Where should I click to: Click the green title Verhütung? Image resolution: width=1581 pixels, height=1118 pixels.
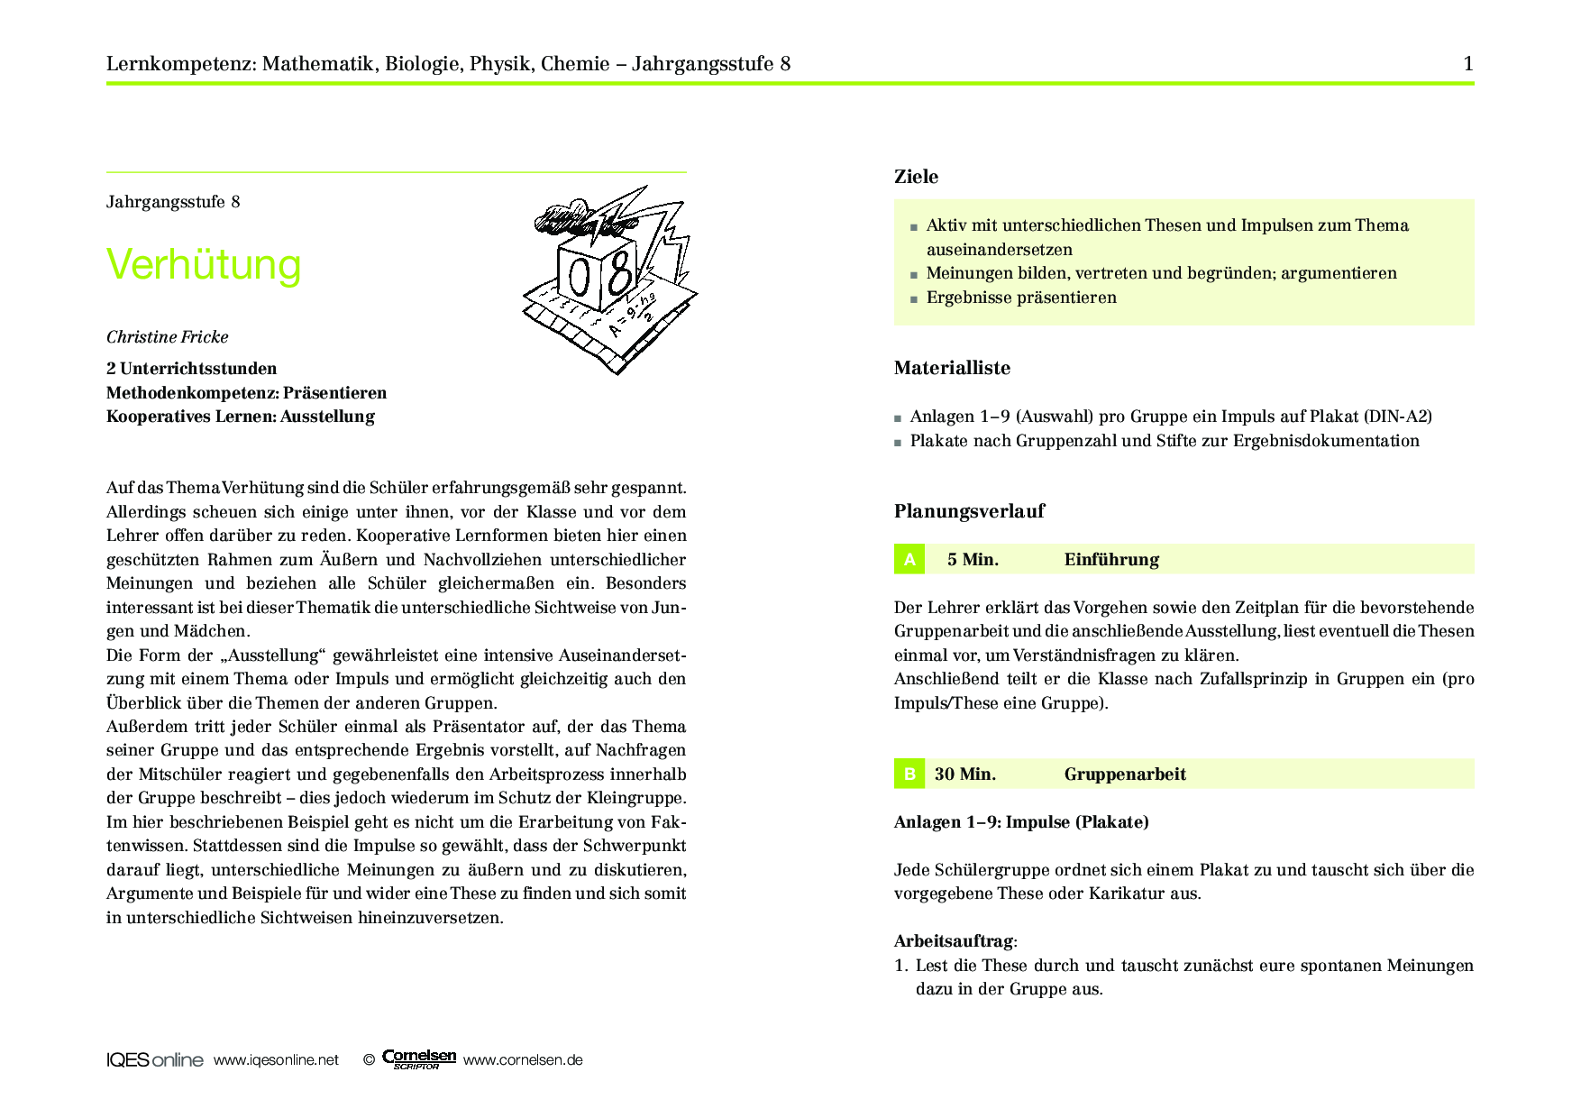tap(204, 265)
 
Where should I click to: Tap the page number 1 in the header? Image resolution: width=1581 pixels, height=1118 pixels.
tap(1467, 63)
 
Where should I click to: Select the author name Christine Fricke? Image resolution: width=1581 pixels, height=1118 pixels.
tap(168, 337)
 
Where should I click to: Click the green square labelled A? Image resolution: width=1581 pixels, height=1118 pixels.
tap(909, 559)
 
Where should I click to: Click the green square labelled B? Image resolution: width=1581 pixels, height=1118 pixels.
tap(909, 774)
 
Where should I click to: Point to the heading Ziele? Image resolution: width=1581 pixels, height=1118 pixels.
tap(916, 177)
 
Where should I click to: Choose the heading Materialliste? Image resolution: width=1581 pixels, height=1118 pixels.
tap(952, 368)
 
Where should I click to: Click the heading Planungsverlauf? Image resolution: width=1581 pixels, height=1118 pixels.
tap(969, 511)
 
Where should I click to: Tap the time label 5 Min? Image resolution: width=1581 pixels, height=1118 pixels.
tap(973, 560)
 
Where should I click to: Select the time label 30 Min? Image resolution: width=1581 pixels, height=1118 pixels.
tap(965, 774)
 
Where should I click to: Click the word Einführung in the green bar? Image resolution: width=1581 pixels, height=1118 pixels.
tap(1111, 560)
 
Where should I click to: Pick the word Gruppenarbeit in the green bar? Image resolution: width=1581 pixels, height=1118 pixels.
tap(1125, 774)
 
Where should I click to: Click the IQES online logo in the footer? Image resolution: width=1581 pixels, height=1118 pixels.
tap(155, 1060)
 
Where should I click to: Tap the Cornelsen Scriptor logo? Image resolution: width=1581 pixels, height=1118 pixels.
tap(419, 1059)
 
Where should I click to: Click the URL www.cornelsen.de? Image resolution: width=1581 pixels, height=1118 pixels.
tap(523, 1060)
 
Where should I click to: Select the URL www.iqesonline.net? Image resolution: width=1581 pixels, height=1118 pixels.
tap(276, 1060)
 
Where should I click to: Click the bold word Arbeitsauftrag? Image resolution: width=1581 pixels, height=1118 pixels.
tap(954, 941)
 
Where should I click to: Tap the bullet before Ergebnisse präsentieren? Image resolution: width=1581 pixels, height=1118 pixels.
tap(914, 298)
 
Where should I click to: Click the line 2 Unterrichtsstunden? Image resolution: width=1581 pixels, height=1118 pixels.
tap(191, 369)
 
